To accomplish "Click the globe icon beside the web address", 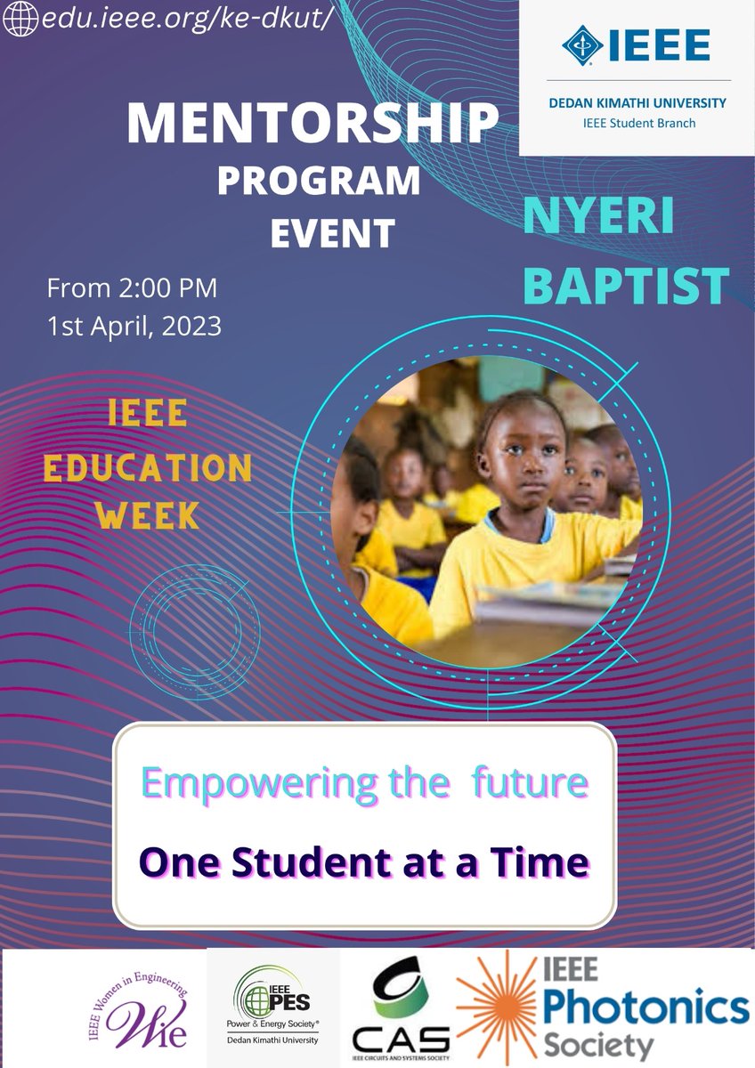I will tap(19, 20).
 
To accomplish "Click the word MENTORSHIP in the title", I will tap(313, 125).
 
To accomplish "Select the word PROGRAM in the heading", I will tap(319, 182).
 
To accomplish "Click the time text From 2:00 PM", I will tap(132, 289).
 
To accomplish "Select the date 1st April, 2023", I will tap(134, 326).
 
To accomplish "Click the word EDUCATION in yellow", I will tap(148, 468).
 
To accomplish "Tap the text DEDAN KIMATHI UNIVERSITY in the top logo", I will tap(637, 103).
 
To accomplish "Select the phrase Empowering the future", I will tap(365, 783).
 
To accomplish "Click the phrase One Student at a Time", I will tap(365, 861).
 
